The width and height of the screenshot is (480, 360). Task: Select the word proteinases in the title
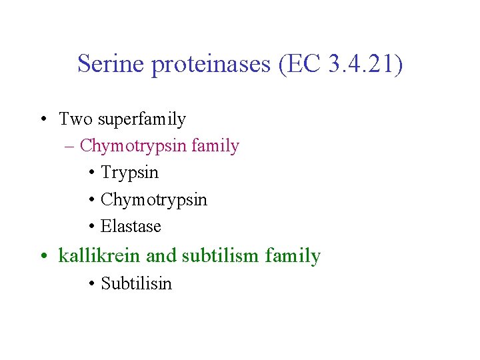pyautogui.click(x=209, y=64)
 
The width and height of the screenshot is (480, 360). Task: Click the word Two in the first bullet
pyautogui.click(x=75, y=119)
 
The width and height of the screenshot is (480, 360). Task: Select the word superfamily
pyautogui.click(x=142, y=120)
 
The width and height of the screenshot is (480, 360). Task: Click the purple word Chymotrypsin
pyautogui.click(x=133, y=146)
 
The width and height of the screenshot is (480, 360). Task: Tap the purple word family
pyautogui.click(x=215, y=145)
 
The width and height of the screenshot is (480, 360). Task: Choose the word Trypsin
pyautogui.click(x=129, y=173)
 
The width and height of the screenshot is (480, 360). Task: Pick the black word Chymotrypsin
pyautogui.click(x=154, y=200)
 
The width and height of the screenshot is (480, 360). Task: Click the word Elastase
pyautogui.click(x=131, y=226)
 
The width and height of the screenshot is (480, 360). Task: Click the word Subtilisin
pyautogui.click(x=136, y=283)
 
